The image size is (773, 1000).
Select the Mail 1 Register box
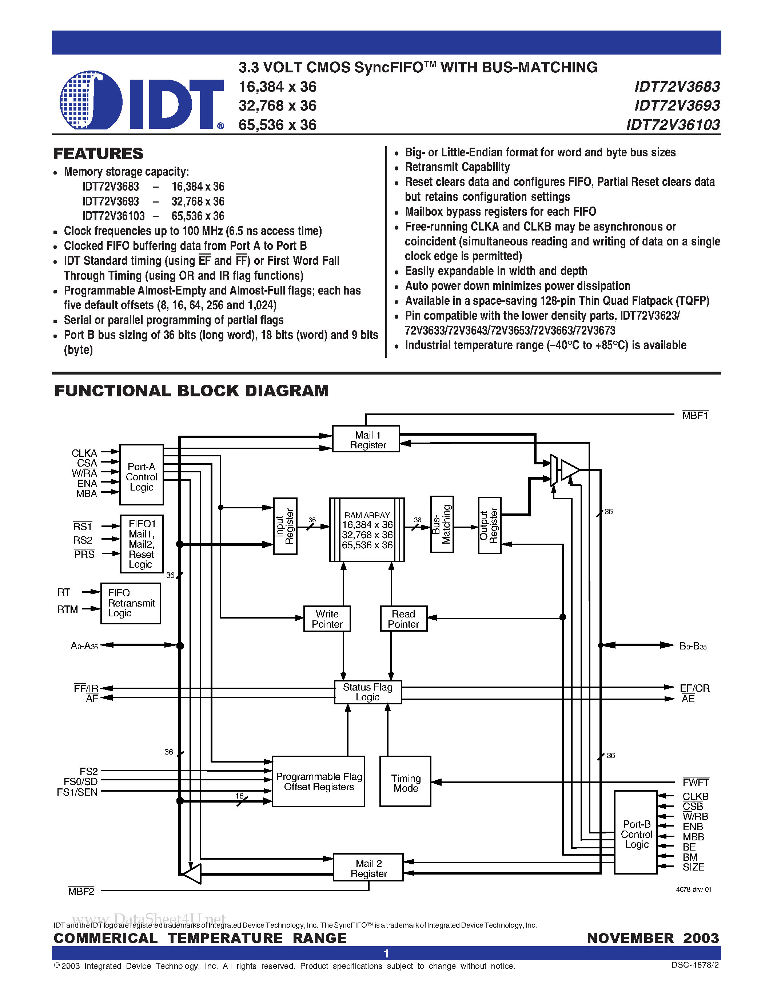tap(366, 439)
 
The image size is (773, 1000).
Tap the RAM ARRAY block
tap(367, 530)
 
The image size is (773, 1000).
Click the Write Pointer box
tap(327, 619)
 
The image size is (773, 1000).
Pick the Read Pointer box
tap(403, 619)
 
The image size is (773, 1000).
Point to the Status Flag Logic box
tap(368, 692)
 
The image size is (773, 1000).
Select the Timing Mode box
tap(405, 783)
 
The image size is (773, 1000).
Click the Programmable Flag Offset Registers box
tap(318, 781)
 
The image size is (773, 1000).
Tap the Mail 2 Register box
tap(368, 868)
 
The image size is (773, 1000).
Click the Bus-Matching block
tap(442, 524)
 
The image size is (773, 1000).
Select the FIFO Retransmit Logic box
tap(131, 603)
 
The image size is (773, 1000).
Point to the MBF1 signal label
tap(695, 415)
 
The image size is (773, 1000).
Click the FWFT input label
tap(696, 782)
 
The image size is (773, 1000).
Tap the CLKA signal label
tap(84, 453)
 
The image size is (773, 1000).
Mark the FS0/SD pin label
tap(81, 781)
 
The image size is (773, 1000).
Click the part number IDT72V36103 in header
tap(673, 124)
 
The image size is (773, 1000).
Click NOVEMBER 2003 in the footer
tap(653, 938)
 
